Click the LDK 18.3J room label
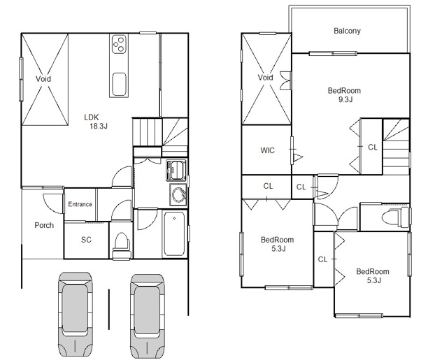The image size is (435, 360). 97,122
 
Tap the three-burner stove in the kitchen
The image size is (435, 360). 119,45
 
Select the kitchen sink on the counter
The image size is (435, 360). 119,81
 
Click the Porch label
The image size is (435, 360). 44,225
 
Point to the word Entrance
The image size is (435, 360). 80,204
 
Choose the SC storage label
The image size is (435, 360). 86,240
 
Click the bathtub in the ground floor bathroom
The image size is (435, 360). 174,234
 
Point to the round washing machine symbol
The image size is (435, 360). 175,194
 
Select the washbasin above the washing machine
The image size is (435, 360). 175,170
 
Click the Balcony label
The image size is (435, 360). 347,31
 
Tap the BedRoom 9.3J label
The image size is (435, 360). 344,95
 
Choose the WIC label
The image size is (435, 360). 267,150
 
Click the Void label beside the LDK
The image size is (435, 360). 43,79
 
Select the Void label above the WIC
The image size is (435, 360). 265,78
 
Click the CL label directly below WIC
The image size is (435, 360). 268,186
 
